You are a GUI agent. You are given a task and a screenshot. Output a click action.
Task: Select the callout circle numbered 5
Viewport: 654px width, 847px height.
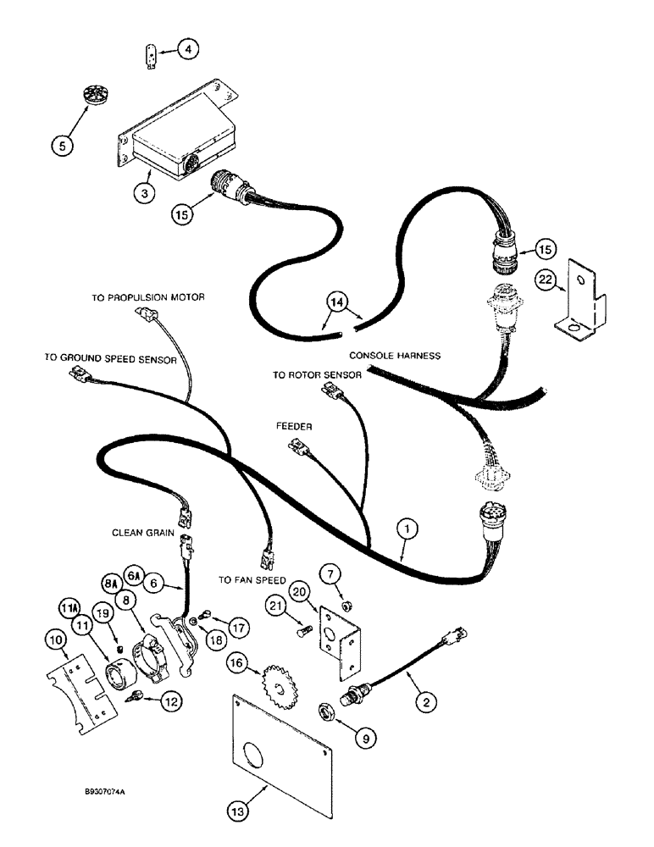(85, 144)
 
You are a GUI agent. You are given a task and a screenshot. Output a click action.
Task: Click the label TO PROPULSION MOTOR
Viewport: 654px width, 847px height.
(148, 297)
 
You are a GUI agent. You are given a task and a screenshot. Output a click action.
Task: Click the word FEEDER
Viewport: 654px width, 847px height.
(293, 427)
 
